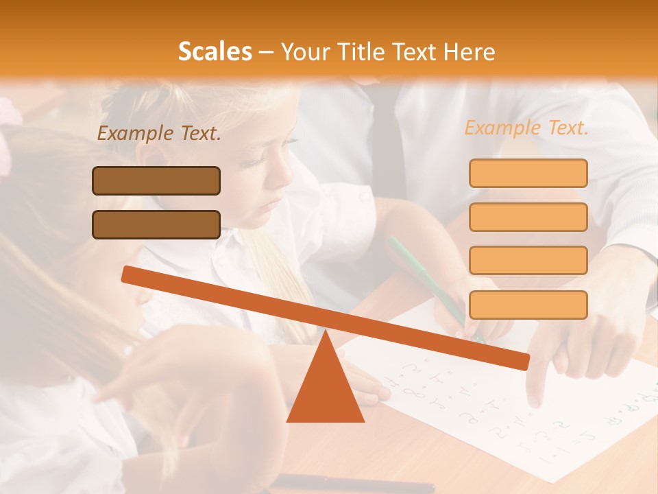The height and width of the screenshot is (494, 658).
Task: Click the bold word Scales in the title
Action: pyautogui.click(x=215, y=51)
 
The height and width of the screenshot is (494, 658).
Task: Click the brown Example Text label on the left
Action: pyautogui.click(x=159, y=134)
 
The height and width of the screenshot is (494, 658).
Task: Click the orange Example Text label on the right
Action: pyautogui.click(x=526, y=128)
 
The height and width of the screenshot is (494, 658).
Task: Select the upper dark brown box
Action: pyautogui.click(x=156, y=180)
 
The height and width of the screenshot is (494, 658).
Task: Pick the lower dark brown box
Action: pyautogui.click(x=156, y=224)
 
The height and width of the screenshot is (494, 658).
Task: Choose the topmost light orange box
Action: pyautogui.click(x=528, y=173)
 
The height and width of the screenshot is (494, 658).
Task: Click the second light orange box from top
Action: pyautogui.click(x=528, y=217)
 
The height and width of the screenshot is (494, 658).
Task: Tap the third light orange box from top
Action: pyautogui.click(x=528, y=260)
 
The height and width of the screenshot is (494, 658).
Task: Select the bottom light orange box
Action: pyautogui.click(x=528, y=304)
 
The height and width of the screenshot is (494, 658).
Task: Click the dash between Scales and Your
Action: pyautogui.click(x=267, y=52)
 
